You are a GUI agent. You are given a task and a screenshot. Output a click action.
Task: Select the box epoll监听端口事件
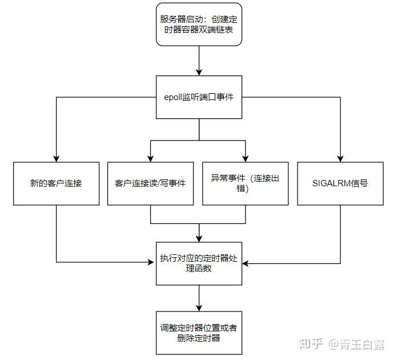point(198,97)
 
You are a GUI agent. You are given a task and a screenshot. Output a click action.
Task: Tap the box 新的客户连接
point(56,183)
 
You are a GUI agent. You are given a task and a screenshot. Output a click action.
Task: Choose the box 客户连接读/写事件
point(151,183)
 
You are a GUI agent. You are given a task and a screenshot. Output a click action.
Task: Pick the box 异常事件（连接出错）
point(246,183)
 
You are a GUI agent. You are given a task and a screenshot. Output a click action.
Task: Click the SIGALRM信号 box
point(340,183)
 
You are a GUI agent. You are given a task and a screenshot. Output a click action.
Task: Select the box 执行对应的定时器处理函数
point(198,263)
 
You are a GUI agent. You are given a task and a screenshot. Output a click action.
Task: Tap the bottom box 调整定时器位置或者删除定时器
point(198,333)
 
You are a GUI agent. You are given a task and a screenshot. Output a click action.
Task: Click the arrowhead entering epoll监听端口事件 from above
point(198,72)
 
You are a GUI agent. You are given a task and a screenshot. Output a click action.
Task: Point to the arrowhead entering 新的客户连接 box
point(56,158)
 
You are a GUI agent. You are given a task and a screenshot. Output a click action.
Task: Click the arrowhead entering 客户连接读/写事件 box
point(151,158)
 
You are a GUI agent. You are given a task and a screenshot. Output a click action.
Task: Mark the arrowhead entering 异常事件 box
point(246,158)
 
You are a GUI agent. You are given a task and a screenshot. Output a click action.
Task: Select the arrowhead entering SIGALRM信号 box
point(340,158)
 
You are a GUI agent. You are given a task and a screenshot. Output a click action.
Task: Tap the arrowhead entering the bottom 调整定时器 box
point(198,308)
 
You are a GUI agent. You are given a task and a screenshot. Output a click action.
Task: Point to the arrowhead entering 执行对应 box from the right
point(245,263)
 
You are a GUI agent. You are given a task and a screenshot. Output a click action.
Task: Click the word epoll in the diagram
point(173,97)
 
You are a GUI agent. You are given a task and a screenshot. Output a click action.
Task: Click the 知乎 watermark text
point(311,343)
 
